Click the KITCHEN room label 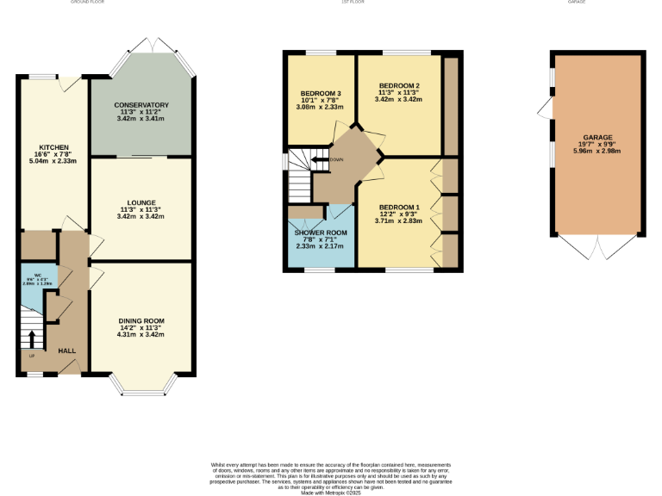coord(47,147)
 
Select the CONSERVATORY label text coord(141,105)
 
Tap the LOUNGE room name coord(141,202)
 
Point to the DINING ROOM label coord(141,320)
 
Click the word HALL coord(67,351)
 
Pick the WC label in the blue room coord(38,276)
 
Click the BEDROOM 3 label coord(322,93)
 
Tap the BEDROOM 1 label coord(399,207)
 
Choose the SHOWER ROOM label coord(321,233)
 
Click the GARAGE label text coord(597,138)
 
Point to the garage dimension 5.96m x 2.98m coord(597,152)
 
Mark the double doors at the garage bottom coord(597,247)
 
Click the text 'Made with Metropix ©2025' coord(331,493)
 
